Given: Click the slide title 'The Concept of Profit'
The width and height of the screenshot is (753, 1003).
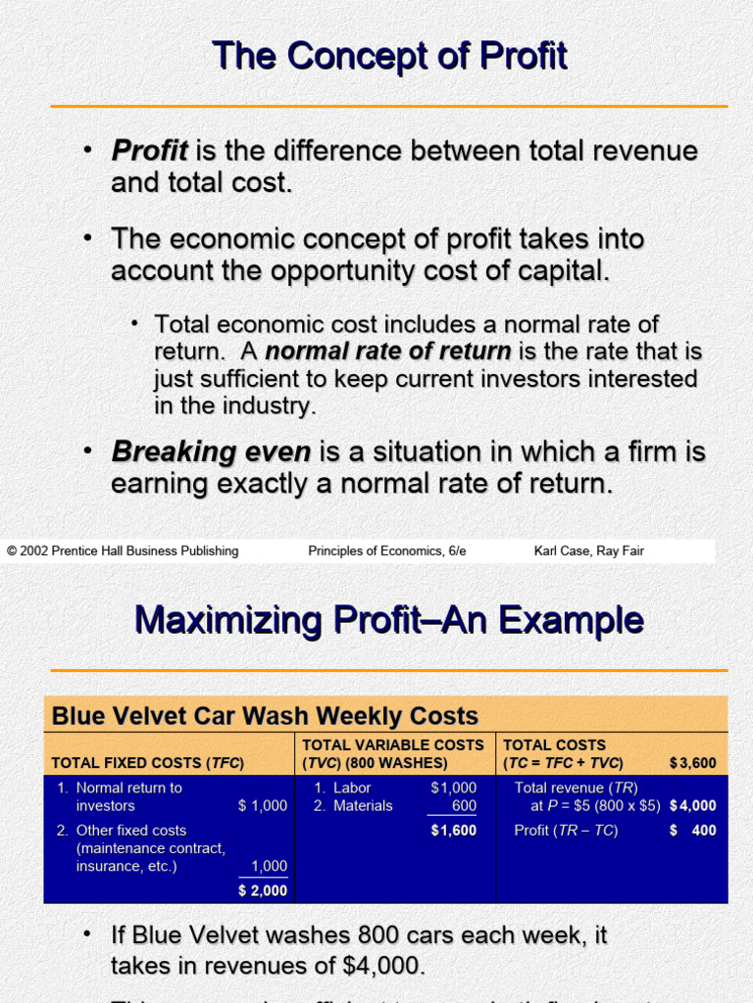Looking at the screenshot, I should pyautogui.click(x=389, y=56).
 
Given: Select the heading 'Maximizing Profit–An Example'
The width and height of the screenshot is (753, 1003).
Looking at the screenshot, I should pyautogui.click(x=388, y=620).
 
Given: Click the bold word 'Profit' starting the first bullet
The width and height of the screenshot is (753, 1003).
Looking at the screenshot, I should pyautogui.click(x=149, y=151).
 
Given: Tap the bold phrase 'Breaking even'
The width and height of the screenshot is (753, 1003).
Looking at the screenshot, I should pyautogui.click(x=211, y=452).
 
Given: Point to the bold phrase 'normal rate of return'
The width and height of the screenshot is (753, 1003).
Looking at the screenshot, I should pyautogui.click(x=388, y=352).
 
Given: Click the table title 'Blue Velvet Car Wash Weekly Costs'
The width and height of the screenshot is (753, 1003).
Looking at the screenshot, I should pyautogui.click(x=265, y=716).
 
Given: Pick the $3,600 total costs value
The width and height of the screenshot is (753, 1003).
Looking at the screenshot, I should pyautogui.click(x=692, y=763).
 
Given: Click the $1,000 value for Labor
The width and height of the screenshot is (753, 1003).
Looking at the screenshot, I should pyautogui.click(x=453, y=788).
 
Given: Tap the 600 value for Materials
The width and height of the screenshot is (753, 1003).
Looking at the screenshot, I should pyautogui.click(x=464, y=806).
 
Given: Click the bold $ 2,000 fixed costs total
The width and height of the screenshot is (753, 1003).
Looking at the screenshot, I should pyautogui.click(x=263, y=890).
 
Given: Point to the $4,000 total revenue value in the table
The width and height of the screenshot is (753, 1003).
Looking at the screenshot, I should pyautogui.click(x=693, y=806).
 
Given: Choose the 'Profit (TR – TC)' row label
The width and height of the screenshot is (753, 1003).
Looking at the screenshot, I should pyautogui.click(x=566, y=831).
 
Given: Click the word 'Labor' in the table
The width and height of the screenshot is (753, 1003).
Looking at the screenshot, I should pyautogui.click(x=352, y=788).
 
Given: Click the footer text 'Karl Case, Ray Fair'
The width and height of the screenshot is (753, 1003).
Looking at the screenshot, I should pyautogui.click(x=588, y=550).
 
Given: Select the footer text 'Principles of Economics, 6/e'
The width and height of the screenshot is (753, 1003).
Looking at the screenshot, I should pyautogui.click(x=387, y=550).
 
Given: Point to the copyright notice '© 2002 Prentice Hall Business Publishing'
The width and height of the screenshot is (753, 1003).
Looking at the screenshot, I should pyautogui.click(x=123, y=550).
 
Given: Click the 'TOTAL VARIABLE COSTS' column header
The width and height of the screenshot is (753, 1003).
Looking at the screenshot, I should pyautogui.click(x=392, y=745).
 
